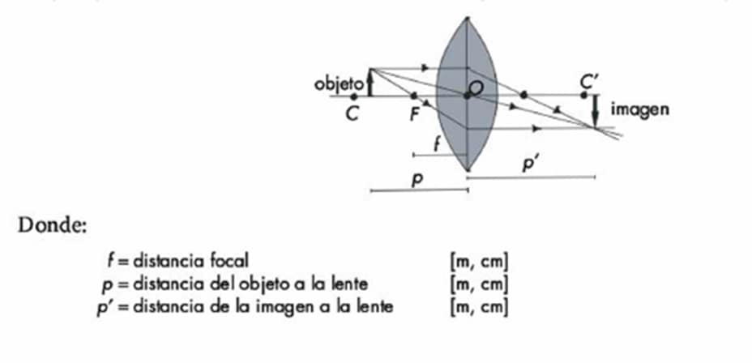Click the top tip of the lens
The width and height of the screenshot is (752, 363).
click(467, 18)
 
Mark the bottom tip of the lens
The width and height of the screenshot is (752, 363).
click(467, 170)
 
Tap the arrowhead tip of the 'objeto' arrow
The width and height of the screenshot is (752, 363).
click(370, 70)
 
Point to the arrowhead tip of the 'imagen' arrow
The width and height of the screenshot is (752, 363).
click(595, 126)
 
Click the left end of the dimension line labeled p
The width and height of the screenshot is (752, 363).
click(370, 191)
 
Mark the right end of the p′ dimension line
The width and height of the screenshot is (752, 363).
click(595, 177)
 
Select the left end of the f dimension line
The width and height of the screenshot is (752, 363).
click(413, 155)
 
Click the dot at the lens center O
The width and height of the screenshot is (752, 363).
click(467, 96)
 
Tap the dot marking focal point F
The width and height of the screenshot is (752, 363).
click(414, 96)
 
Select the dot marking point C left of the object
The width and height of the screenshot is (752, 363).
click(354, 96)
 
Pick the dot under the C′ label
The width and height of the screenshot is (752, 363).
click(583, 95)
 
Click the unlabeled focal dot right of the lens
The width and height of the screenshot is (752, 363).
click(523, 95)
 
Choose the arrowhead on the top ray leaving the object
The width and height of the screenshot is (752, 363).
click(425, 68)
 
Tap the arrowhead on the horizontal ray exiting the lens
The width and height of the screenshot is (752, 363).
click(537, 128)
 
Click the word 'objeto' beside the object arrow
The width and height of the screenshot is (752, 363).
click(339, 84)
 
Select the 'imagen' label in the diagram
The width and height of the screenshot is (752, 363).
click(639, 110)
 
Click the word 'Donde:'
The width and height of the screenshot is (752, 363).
click(53, 225)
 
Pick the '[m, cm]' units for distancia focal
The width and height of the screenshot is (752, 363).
click(479, 263)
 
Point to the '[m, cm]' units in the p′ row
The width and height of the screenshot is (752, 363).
click(479, 307)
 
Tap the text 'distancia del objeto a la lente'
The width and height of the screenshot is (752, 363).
click(250, 284)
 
